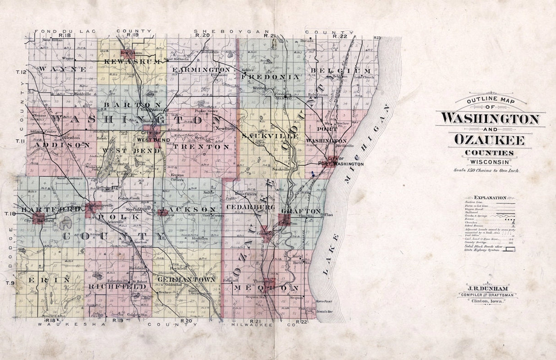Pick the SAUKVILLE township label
[264, 136]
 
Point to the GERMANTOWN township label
[192, 279]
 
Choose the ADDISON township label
[60, 145]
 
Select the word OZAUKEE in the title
[489, 139]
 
